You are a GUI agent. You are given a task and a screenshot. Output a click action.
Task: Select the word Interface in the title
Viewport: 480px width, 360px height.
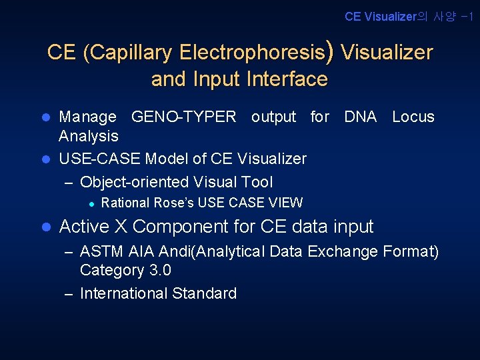(287, 79)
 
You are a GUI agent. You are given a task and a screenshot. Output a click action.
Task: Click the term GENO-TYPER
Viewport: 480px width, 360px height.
(184, 117)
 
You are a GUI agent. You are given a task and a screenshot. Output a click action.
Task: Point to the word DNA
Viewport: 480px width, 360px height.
(360, 117)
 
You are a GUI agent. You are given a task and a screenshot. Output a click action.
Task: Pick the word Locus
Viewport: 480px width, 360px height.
(413, 117)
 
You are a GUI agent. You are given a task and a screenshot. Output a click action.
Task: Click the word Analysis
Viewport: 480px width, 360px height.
(89, 136)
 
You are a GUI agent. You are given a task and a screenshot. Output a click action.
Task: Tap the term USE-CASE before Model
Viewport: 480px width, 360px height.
(99, 159)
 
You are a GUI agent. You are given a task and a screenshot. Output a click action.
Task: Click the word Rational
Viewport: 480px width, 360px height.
(125, 203)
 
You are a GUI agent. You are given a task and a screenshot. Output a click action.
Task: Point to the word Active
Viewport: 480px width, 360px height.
(84, 227)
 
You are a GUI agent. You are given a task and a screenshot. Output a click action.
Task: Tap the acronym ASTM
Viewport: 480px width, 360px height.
(99, 252)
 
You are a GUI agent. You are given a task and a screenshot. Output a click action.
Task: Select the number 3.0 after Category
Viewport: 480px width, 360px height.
(159, 270)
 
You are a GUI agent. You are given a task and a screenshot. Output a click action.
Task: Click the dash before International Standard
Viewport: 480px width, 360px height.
(69, 294)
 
